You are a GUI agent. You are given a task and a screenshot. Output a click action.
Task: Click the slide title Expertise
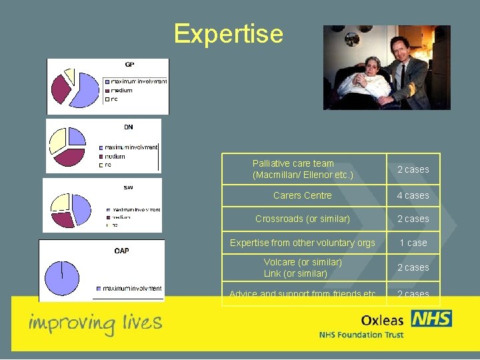click(228, 33)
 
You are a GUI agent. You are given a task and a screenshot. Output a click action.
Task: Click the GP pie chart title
click(129, 65)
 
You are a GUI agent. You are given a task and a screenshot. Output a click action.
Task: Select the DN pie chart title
click(128, 127)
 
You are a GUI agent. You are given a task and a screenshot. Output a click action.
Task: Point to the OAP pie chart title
click(121, 251)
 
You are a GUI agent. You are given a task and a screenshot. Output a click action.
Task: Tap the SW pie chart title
click(128, 187)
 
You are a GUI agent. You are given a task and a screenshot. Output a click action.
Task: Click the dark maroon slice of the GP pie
click(61, 89)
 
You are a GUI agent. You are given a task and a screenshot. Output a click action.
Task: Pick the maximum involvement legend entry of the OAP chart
click(131, 288)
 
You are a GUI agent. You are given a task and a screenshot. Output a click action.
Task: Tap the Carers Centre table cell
click(302, 195)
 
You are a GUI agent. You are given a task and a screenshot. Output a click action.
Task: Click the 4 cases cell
click(413, 195)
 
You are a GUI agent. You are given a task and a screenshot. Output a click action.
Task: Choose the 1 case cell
click(413, 243)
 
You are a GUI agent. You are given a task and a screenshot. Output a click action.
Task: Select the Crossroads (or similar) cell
click(302, 219)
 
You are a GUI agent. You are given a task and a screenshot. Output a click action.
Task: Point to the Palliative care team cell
click(302, 169)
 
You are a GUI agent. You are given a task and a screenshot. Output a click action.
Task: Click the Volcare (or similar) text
click(302, 262)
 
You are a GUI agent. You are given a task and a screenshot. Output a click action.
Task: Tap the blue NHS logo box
click(431, 319)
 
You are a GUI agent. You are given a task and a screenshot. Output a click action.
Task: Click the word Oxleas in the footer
click(382, 320)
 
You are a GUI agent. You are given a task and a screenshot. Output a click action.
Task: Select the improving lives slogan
click(95, 323)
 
